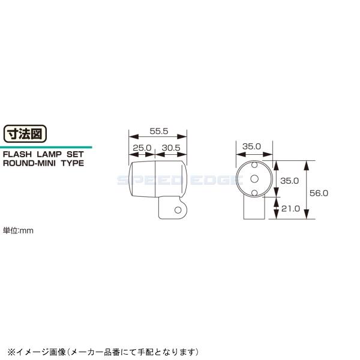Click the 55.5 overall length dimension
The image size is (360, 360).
(158, 130)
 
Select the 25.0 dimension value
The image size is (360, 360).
(142, 148)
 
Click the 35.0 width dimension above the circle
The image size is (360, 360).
(251, 146)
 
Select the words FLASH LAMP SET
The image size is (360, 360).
(39, 154)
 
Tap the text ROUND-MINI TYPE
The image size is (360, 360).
(43, 163)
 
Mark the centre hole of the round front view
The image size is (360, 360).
(253, 178)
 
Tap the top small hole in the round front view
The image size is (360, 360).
(253, 164)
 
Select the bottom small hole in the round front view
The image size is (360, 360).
(253, 192)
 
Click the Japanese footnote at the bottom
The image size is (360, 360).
(102, 351)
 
